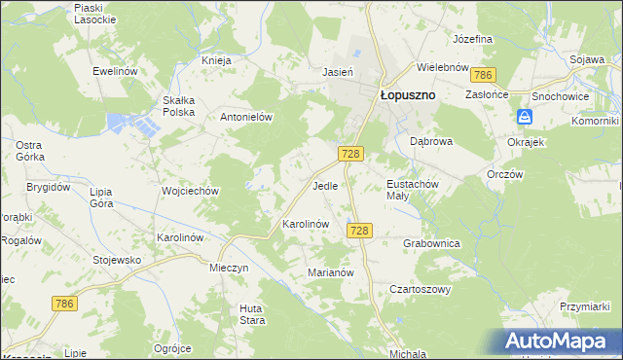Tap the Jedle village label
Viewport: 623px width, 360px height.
pos(325,185)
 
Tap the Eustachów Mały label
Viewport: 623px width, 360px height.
pos(415,189)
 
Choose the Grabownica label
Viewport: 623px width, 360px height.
pos(431,244)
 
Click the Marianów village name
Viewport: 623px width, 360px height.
pos(330,272)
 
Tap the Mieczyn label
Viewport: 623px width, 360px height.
pos(230,267)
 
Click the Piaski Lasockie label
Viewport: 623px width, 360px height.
pos(95,13)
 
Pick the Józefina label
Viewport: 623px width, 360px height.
pos(473,39)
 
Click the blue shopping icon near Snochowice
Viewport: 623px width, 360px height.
pos(525,117)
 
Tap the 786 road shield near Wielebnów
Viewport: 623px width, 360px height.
pos(482,75)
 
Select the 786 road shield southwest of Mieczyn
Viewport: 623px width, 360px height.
pos(64,305)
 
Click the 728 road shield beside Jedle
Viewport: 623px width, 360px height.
pos(352,155)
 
